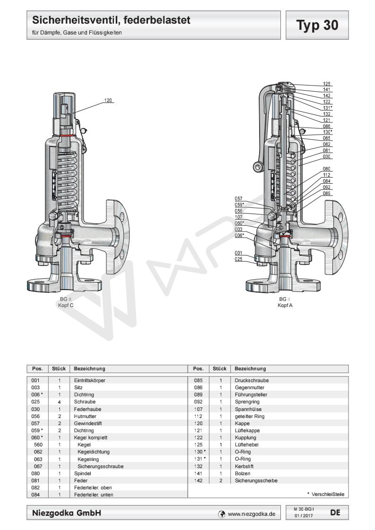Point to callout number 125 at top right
click(x=326, y=84)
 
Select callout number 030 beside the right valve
click(x=326, y=156)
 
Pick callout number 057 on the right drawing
click(x=239, y=199)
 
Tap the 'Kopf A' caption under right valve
click(x=284, y=306)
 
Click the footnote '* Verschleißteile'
click(x=325, y=494)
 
